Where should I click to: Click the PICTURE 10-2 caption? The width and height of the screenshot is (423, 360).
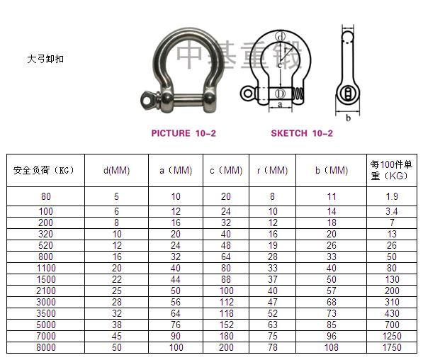(x=184, y=133)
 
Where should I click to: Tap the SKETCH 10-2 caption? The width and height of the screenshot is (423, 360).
(x=302, y=133)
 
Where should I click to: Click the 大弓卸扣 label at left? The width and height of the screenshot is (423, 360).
(x=45, y=59)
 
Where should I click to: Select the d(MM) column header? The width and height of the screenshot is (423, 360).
(x=116, y=171)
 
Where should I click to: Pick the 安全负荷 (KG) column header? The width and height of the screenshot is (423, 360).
(x=44, y=171)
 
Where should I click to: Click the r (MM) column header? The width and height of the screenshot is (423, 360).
(x=273, y=171)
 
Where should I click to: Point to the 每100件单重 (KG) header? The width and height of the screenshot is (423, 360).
(x=391, y=170)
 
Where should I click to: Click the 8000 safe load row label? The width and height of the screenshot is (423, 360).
(x=46, y=347)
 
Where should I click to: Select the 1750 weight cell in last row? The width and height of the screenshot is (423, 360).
(x=392, y=347)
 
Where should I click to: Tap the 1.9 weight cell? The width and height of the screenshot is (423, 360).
(x=392, y=196)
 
